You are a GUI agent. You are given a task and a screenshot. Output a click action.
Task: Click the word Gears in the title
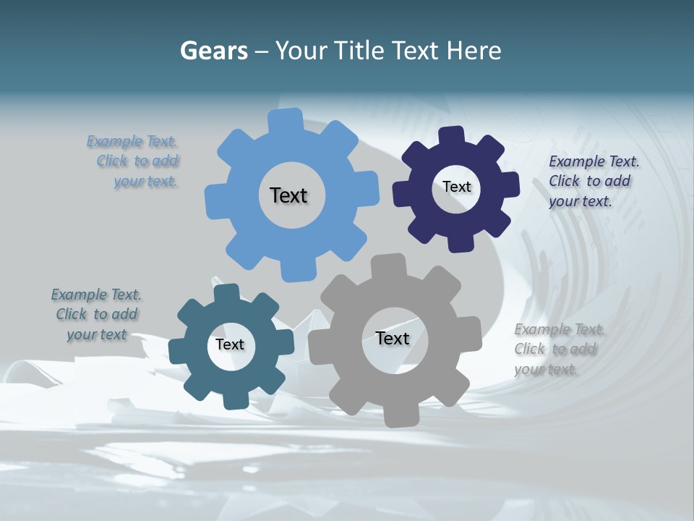coord(213,51)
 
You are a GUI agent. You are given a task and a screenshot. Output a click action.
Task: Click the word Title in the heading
coord(359,51)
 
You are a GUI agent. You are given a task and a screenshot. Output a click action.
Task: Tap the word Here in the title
coord(473,51)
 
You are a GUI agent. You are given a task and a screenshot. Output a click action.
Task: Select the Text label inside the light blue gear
coord(288,195)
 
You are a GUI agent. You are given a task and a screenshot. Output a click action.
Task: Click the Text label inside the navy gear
coord(456,187)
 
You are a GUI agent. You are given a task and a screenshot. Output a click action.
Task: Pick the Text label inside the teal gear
coord(230,344)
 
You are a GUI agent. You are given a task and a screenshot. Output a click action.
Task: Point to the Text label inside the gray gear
coord(393,338)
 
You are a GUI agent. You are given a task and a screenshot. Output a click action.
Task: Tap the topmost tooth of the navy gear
coord(452,136)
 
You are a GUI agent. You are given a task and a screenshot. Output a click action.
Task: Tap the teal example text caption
coord(97,314)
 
